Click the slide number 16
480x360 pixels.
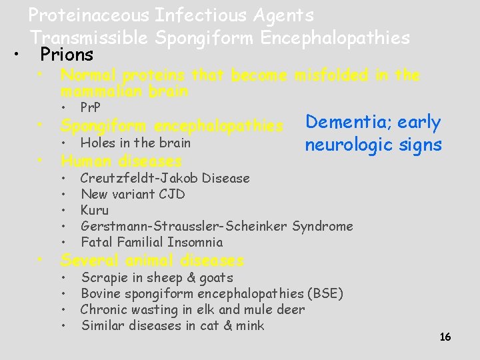pyautogui.click(x=445, y=337)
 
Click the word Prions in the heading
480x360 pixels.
pyautogui.click(x=67, y=54)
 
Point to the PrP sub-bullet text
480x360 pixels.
pyautogui.click(x=90, y=108)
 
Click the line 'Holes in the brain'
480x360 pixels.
pyautogui.click(x=135, y=143)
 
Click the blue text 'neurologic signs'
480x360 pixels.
pyautogui.click(x=373, y=145)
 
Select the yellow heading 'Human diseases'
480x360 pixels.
pyautogui.click(x=121, y=161)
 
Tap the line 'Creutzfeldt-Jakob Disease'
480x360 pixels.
pyautogui.click(x=165, y=178)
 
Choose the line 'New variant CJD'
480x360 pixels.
pyautogui.click(x=133, y=194)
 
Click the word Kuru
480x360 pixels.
pyautogui.click(x=94, y=210)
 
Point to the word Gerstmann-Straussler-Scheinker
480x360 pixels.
pyautogui.click(x=185, y=226)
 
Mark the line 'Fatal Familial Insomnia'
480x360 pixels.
pyautogui.click(x=151, y=242)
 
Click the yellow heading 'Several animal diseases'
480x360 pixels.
pyautogui.click(x=152, y=260)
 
